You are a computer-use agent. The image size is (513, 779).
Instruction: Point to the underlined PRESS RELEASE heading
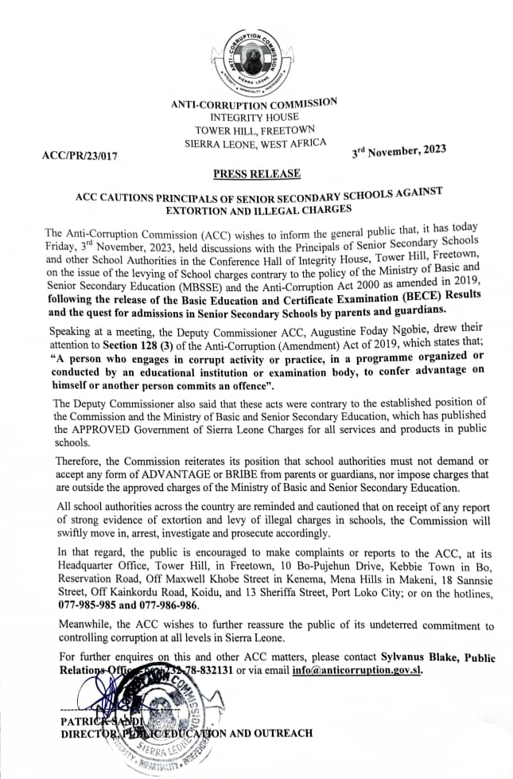pos(256,173)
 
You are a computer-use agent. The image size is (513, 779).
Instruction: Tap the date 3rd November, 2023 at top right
pos(398,150)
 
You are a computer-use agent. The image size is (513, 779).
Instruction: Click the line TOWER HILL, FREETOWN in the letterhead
pos(255,130)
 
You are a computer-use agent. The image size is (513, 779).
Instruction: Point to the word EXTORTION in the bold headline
pos(198,211)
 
